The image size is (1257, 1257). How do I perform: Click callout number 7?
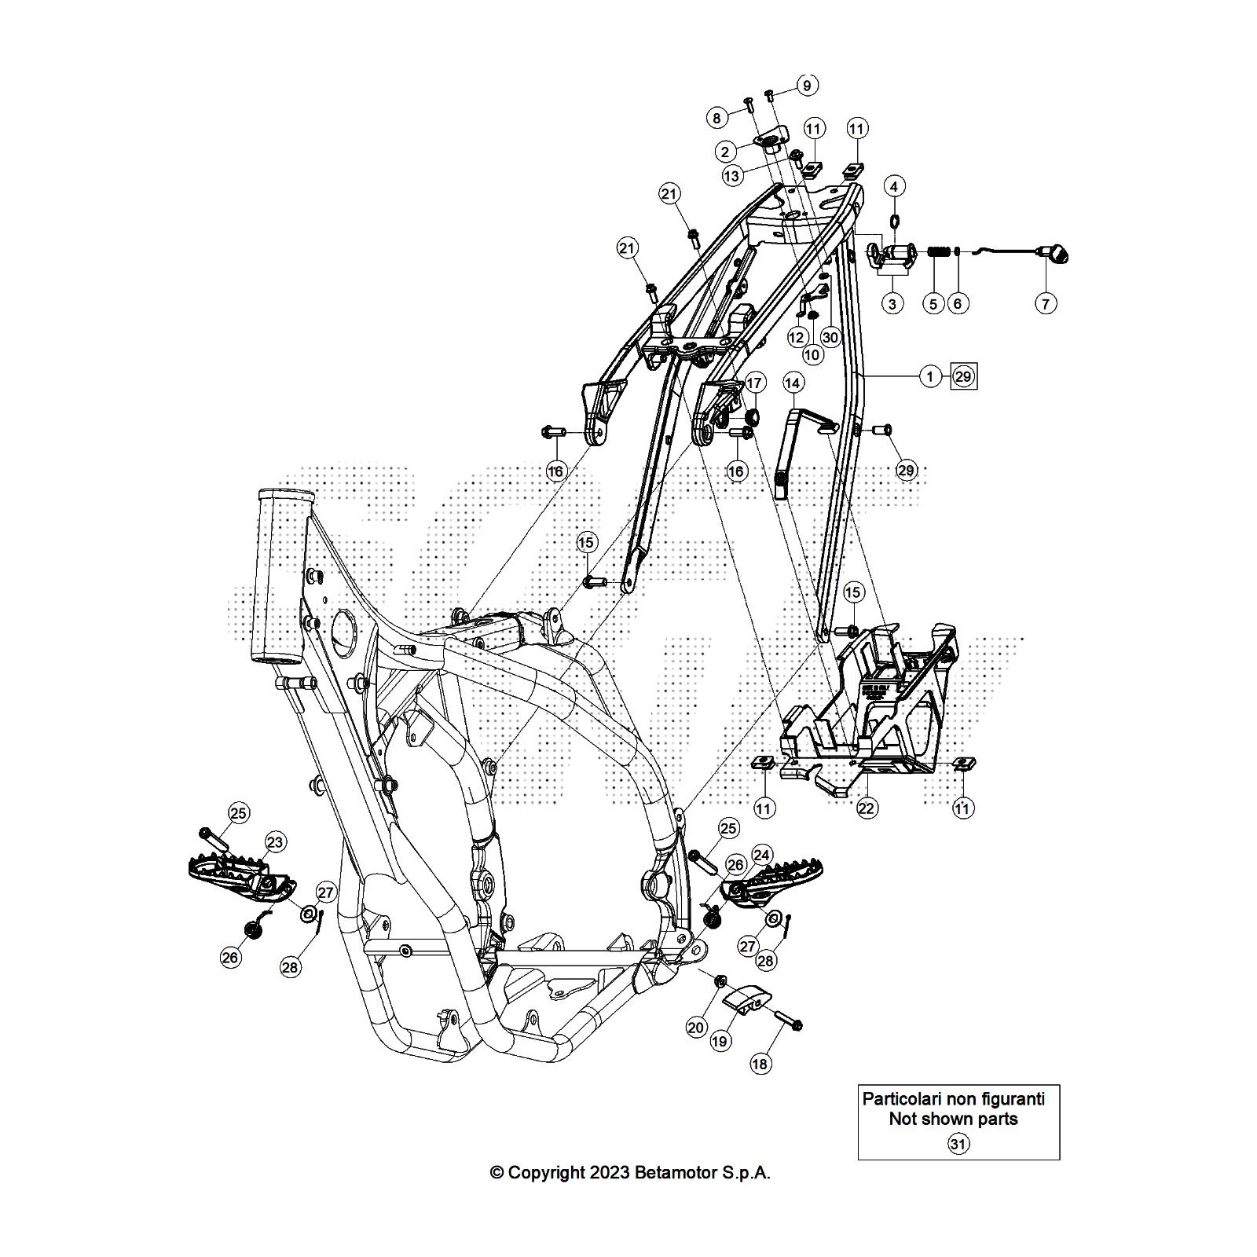[1045, 303]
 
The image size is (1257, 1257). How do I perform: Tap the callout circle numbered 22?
[867, 808]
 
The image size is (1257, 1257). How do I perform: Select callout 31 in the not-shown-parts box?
[958, 1144]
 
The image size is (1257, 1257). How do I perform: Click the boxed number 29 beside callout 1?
[963, 377]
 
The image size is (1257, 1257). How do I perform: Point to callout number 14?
[793, 383]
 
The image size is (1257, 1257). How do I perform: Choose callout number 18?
[760, 1064]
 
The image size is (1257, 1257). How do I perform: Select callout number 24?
[761, 855]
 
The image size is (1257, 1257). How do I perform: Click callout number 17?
[753, 383]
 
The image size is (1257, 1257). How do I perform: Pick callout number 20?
[697, 1028]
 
